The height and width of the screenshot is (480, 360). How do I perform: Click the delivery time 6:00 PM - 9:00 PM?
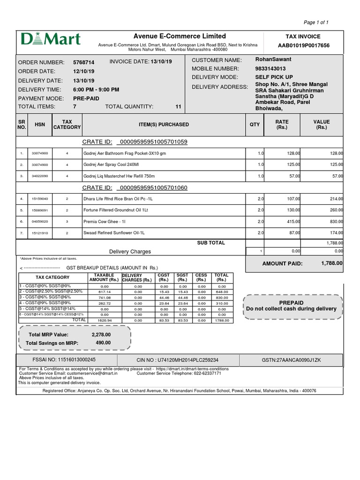pos(96,90)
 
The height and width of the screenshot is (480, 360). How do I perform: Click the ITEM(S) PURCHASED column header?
pos(164,125)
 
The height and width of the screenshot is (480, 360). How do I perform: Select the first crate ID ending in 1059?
pos(154,142)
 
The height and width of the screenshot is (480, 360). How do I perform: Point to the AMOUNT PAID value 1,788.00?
pos(332,264)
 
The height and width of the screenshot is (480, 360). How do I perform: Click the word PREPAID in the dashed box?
pos(291,303)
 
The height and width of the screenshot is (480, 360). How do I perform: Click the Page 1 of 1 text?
pos(316,22)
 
